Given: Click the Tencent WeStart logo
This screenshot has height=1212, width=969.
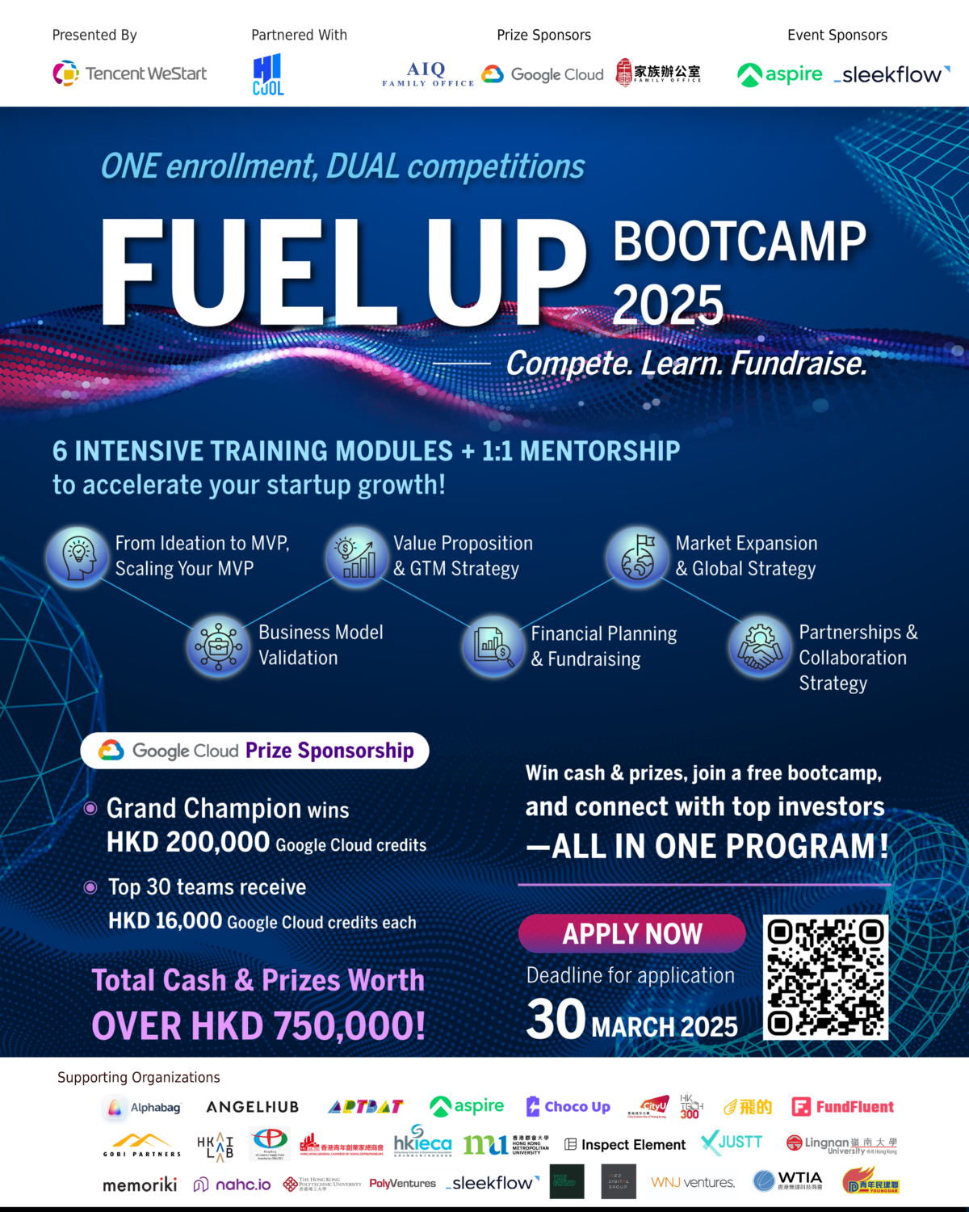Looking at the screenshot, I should point(130,74).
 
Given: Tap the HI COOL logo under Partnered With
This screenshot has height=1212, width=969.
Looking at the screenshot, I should point(268,74).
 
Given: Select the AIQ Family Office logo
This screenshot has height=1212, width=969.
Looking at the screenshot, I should point(427,74).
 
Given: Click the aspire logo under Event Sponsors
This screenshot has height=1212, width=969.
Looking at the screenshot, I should point(780,74).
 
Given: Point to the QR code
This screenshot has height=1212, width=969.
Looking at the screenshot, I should point(825,977).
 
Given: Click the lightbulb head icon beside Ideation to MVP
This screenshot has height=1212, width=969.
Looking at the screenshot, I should point(78,556).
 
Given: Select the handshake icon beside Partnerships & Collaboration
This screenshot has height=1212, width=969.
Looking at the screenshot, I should point(759,646).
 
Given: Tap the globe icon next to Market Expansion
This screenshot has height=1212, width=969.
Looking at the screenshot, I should point(637,556).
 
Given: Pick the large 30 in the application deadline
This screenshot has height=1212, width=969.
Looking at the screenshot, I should point(556,1020).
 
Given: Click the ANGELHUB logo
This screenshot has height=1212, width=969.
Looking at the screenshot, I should point(253,1107).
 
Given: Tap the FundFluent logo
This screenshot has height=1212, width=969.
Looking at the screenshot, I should point(842,1107).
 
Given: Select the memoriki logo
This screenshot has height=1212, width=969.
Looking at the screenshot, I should point(140,1185).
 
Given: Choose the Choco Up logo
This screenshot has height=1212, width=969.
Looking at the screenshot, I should point(568,1106).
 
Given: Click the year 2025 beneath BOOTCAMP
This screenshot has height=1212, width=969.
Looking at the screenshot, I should point(668,305).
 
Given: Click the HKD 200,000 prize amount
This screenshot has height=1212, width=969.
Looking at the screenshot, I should point(188,843).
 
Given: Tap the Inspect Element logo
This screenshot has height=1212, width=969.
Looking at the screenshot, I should point(625,1144).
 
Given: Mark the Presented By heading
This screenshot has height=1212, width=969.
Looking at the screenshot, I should point(94,35).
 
